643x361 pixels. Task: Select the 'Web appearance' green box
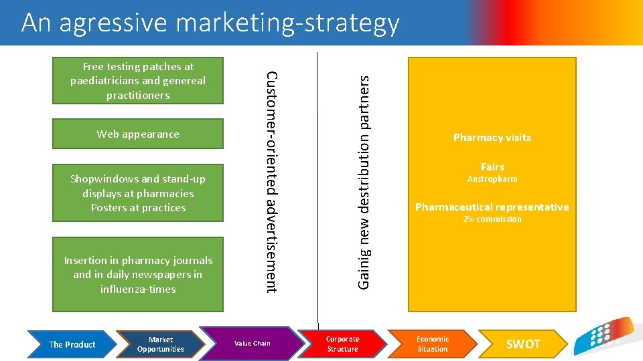(x=138, y=134)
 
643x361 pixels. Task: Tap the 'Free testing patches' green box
(x=138, y=81)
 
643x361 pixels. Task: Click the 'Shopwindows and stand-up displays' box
(x=138, y=193)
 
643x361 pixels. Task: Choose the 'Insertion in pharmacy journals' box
(x=138, y=275)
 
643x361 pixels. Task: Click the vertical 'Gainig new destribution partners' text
(x=364, y=181)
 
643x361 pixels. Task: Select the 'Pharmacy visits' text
(x=492, y=138)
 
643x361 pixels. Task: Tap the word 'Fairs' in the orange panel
(x=492, y=166)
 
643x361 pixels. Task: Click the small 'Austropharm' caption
(x=492, y=179)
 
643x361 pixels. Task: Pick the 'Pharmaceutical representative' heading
(x=492, y=207)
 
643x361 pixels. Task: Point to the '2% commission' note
(x=492, y=219)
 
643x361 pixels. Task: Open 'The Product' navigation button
(x=72, y=344)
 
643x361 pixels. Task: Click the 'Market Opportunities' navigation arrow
(x=161, y=344)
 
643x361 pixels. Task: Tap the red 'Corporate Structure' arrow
(x=342, y=344)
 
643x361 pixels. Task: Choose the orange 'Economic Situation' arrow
(x=433, y=344)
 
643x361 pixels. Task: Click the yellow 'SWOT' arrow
(x=522, y=344)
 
